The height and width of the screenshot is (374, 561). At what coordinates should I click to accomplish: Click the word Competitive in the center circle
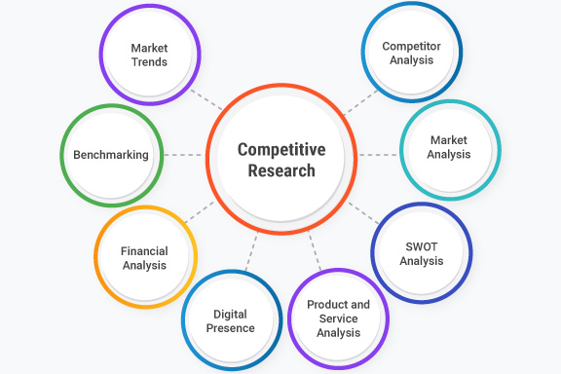280,150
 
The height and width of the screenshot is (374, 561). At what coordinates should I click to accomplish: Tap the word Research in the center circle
280,170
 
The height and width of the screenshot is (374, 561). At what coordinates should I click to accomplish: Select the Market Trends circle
149,55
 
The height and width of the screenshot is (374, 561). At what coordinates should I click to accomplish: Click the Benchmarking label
110,155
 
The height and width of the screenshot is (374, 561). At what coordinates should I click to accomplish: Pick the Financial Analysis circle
145,257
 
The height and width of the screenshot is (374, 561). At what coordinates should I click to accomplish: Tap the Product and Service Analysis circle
338,318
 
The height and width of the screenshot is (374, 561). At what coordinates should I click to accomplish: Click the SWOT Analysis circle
421,253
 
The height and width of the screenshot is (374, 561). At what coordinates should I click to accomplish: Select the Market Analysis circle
449,148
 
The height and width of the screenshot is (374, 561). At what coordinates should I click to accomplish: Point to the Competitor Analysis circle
410,52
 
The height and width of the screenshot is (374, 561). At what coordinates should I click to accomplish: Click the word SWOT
422,246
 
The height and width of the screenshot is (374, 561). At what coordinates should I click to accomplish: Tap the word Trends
149,62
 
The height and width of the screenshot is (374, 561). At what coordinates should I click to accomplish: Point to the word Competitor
410,45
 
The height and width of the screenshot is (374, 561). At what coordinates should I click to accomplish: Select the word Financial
145,250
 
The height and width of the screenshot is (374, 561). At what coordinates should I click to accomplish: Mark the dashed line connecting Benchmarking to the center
185,155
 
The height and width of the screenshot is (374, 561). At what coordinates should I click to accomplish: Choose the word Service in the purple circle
338,318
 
